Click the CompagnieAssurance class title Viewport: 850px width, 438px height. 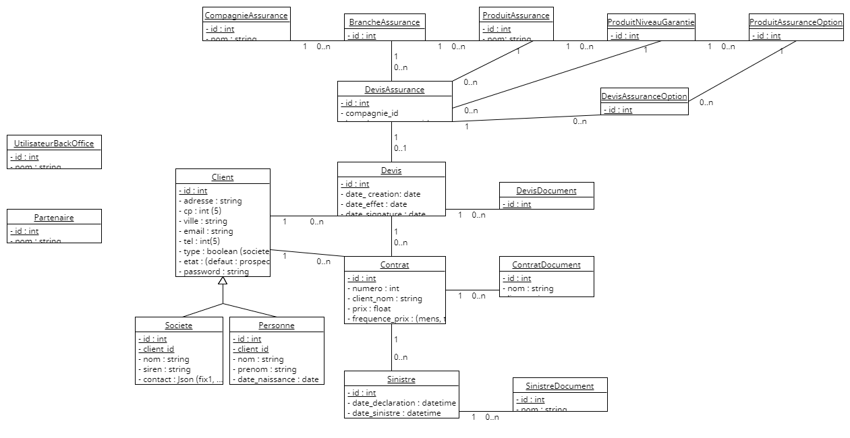246,15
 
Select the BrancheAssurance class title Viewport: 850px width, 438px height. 385,22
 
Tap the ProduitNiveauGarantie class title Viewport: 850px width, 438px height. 651,22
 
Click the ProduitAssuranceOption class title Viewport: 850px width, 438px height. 796,22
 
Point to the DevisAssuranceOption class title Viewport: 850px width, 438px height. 644,96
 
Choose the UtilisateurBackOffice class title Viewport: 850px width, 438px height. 54,144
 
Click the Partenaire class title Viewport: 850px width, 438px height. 54,218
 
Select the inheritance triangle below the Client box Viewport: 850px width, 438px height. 223,281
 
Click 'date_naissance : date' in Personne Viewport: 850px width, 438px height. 277,379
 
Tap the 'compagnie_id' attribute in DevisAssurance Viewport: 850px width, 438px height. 372,113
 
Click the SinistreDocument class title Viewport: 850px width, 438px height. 560,386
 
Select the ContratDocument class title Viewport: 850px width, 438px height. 546,265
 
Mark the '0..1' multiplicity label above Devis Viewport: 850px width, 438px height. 401,148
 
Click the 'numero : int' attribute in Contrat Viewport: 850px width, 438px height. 376,288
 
